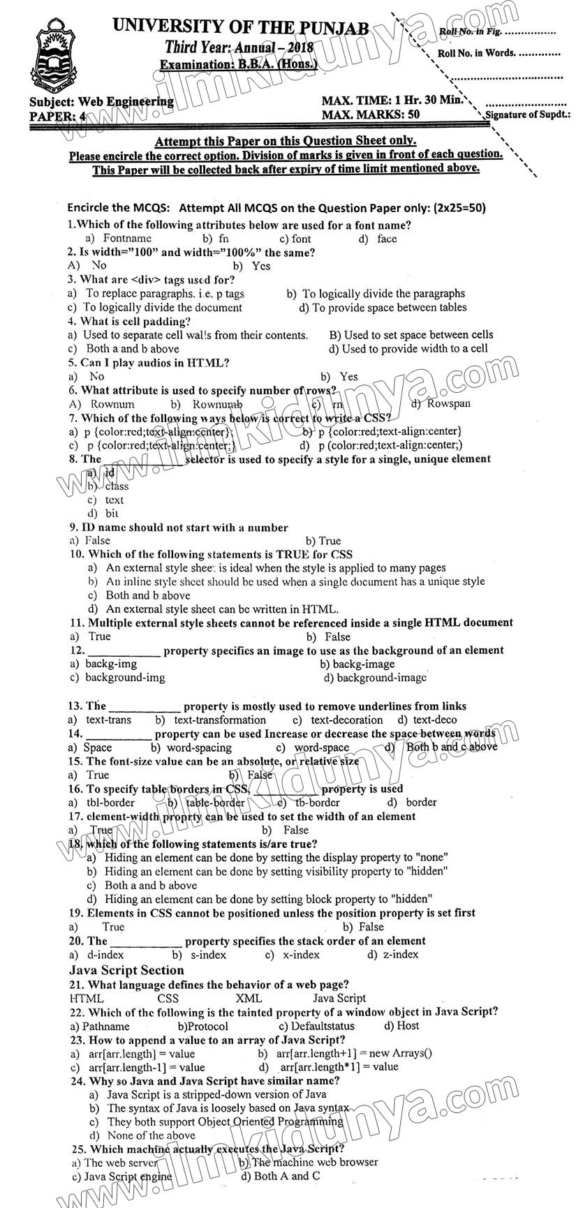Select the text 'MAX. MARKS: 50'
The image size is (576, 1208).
371,114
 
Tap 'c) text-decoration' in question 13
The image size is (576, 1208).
338,719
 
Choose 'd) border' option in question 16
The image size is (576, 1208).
412,802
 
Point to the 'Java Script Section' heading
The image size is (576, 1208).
126,970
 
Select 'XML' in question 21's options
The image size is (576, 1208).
249,998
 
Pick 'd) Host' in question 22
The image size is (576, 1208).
401,1026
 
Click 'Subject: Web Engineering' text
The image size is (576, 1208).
102,102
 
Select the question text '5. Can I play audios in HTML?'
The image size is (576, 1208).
148,363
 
